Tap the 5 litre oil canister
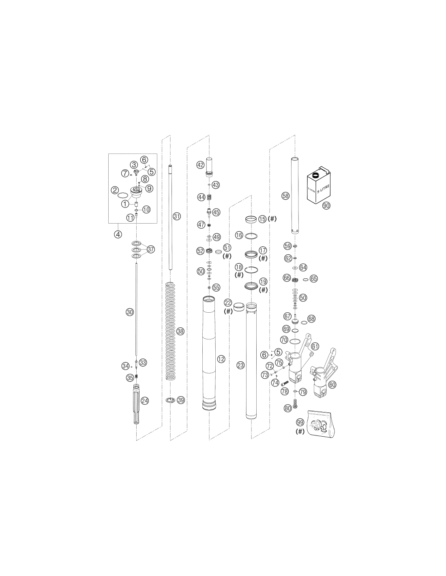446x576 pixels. click(319, 186)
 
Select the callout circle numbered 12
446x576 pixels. click(221, 359)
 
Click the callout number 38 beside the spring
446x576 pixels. click(181, 331)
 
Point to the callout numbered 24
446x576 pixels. click(145, 401)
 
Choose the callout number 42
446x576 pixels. click(200, 165)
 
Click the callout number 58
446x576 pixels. click(285, 196)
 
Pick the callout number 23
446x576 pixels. click(240, 365)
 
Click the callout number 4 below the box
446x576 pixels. click(118, 234)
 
